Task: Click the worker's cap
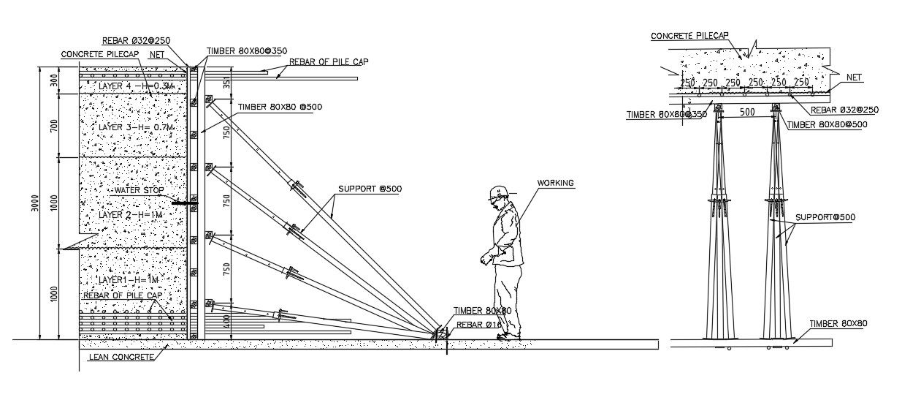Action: click(x=497, y=192)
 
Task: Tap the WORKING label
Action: click(x=555, y=183)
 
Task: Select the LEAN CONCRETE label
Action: click(x=121, y=357)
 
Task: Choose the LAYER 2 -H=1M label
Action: click(x=129, y=215)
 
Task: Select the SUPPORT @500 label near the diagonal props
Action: click(x=370, y=189)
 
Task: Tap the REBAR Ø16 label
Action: click(x=478, y=324)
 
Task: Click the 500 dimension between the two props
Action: click(x=746, y=113)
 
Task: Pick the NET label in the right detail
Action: click(x=853, y=77)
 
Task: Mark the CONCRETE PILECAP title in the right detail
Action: click(x=689, y=35)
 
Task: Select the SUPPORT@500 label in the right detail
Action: click(x=825, y=217)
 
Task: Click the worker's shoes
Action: click(x=505, y=336)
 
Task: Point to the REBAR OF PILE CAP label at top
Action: click(x=328, y=61)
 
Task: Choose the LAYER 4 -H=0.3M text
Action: click(x=127, y=86)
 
